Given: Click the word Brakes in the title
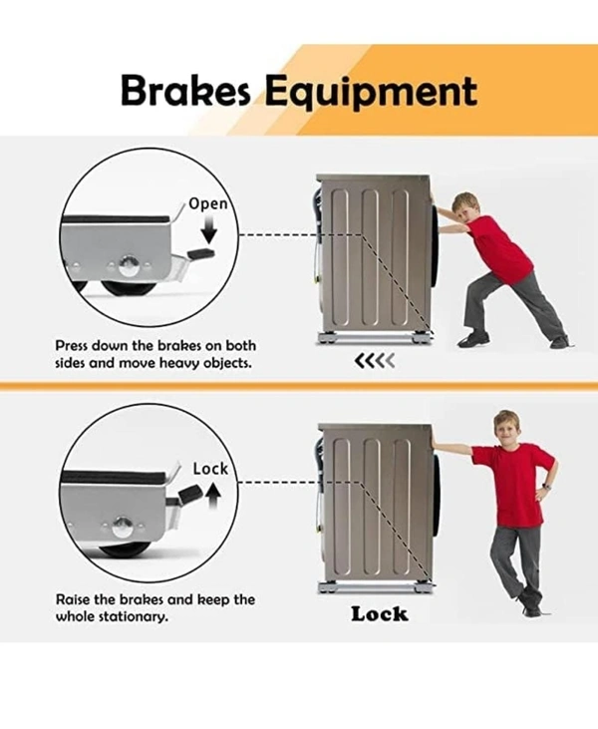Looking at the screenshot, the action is (185, 90).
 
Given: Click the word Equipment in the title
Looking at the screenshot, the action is (372, 93).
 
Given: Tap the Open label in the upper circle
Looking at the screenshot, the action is (208, 204).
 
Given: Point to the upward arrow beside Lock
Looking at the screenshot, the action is (213, 496).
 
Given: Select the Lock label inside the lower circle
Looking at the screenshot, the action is (210, 469).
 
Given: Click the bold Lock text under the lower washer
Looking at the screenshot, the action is (379, 614).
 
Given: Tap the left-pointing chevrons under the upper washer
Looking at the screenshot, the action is (375, 360).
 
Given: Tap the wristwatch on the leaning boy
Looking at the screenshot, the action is (546, 487).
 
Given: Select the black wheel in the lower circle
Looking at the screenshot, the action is (125, 551).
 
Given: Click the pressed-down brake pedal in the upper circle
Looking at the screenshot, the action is (201, 253).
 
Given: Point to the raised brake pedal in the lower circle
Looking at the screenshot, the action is (190, 493).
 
